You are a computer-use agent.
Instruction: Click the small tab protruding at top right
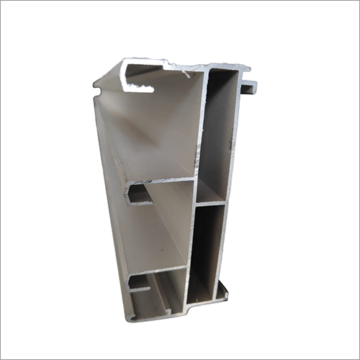pyautogui.click(x=249, y=88)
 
